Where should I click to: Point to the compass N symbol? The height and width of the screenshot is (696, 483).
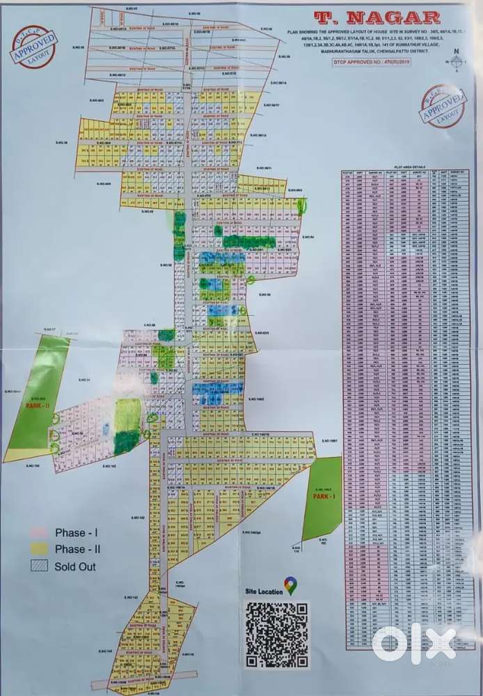(x=457, y=51)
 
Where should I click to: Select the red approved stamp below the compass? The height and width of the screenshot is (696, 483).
(x=443, y=107)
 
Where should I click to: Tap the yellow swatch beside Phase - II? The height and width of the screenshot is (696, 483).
(x=39, y=550)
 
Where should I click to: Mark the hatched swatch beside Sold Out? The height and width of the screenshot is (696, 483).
(x=39, y=566)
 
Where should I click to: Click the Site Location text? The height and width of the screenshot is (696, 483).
(x=264, y=591)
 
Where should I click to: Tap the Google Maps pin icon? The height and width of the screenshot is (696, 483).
(x=290, y=586)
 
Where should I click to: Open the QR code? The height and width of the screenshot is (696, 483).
(x=276, y=635)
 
